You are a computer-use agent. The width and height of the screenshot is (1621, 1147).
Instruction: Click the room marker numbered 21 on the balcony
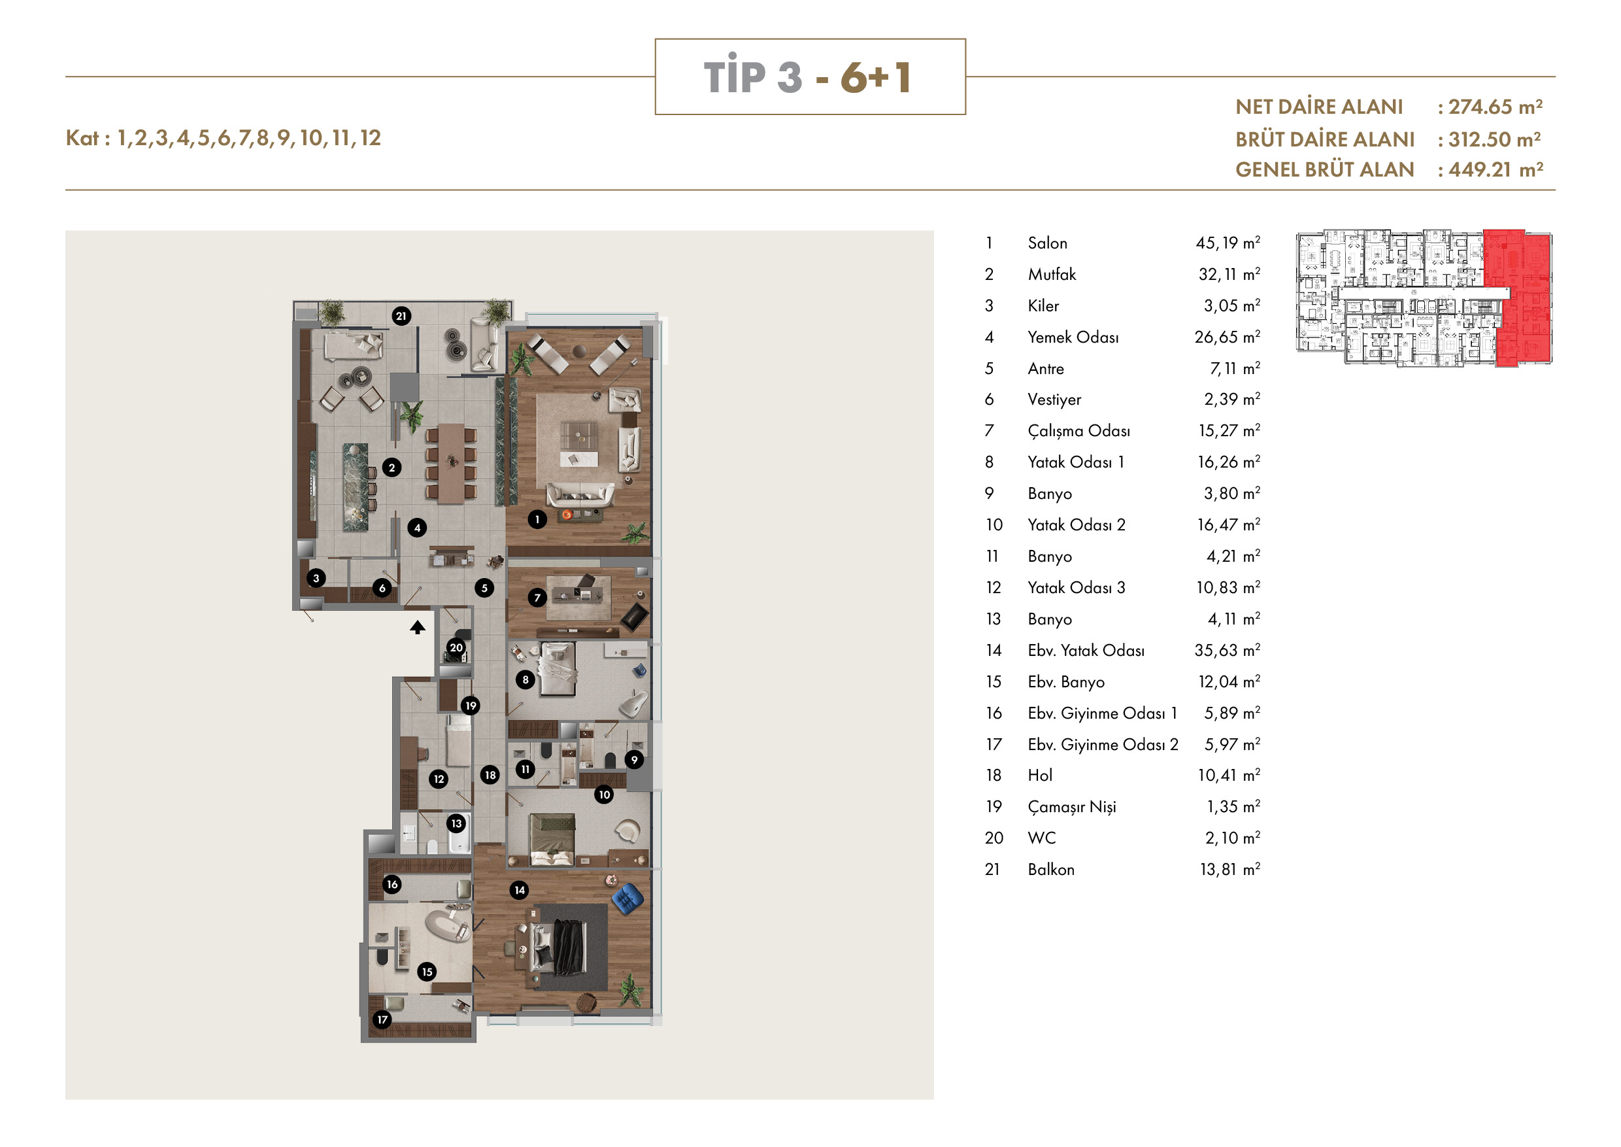[x=401, y=316]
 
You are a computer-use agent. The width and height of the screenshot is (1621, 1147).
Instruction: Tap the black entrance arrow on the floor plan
[x=417, y=627]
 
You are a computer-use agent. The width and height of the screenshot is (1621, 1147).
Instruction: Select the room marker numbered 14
[x=520, y=890]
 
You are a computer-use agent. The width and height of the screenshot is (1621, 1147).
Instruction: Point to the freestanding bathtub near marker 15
[x=448, y=925]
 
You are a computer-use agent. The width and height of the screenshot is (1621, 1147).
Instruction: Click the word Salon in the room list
[x=1047, y=243]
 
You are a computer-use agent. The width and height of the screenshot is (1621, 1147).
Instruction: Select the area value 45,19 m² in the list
[x=1228, y=243]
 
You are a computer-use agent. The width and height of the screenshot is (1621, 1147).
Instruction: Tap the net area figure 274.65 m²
[x=1496, y=107]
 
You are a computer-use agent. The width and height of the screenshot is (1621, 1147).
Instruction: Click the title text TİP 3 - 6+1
[x=809, y=77]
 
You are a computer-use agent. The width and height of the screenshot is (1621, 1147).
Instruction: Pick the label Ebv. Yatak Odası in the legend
[x=1086, y=651]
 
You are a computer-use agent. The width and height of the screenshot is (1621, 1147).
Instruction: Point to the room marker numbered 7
[x=537, y=598]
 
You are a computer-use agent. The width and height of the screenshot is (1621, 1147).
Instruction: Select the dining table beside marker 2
[x=450, y=464]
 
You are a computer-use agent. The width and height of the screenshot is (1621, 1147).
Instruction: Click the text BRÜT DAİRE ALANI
[x=1324, y=139]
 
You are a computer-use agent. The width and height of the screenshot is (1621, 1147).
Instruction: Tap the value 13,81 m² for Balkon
[x=1230, y=870]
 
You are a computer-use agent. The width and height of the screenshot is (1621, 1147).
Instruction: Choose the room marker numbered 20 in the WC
[x=456, y=647]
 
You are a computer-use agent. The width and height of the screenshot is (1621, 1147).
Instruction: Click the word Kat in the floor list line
[x=82, y=138]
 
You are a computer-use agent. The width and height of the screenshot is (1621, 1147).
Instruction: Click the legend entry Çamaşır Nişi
[x=1072, y=807]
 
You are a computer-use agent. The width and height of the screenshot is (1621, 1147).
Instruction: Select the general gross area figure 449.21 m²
[x=1496, y=169]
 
